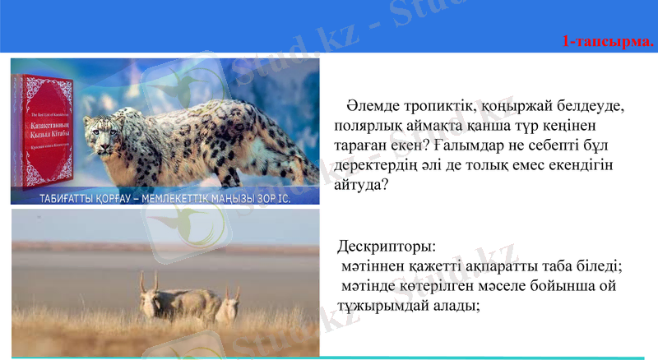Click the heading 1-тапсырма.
[608, 41]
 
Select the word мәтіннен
[374, 266]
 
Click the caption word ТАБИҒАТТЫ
[71, 199]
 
